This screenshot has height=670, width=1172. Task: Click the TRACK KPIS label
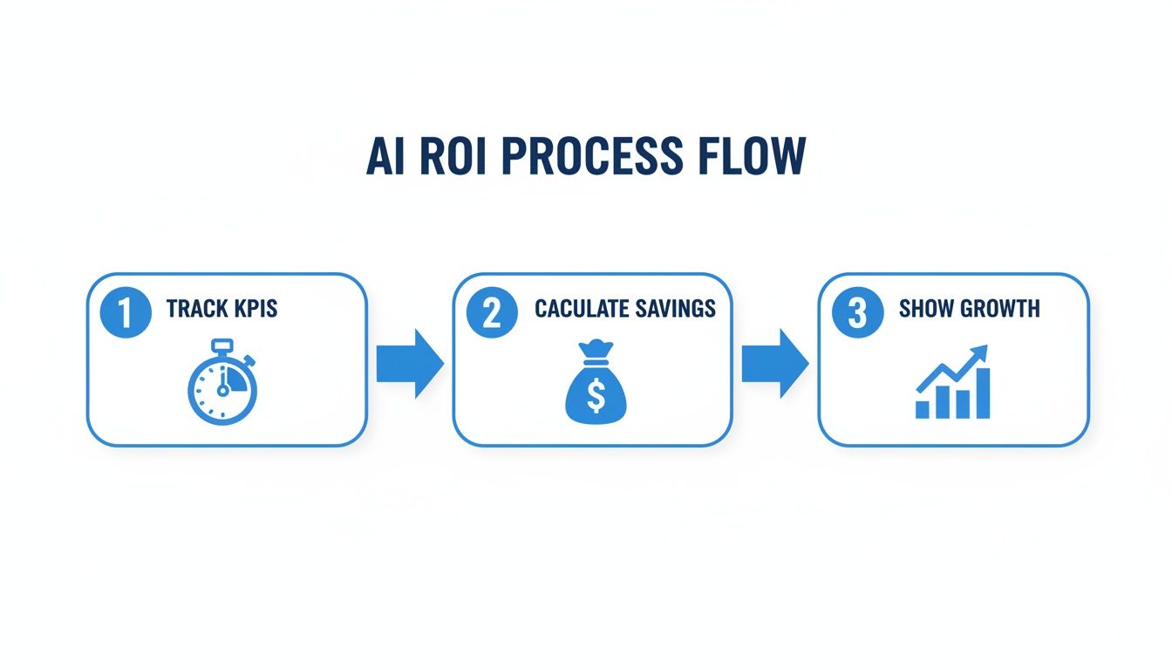221,309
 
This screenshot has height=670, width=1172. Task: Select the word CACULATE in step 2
581,309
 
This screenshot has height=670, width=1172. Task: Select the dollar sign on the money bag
596,397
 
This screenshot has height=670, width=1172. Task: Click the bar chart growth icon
953,384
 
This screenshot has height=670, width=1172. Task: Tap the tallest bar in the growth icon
983,393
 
